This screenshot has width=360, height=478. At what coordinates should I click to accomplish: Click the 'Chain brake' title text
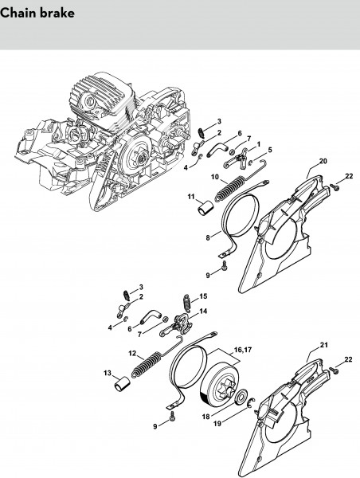pyautogui.click(x=37, y=13)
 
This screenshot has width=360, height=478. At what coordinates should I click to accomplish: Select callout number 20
pyautogui.click(x=323, y=161)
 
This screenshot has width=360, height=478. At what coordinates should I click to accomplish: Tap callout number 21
pyautogui.click(x=323, y=345)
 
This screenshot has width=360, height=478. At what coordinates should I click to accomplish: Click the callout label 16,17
pyautogui.click(x=243, y=350)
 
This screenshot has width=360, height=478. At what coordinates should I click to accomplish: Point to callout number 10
pyautogui.click(x=215, y=177)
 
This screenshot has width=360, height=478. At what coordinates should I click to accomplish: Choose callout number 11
pyautogui.click(x=191, y=197)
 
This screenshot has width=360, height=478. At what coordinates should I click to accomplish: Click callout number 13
pyautogui.click(x=108, y=373)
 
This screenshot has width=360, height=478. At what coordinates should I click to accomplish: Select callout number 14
pyautogui.click(x=203, y=311)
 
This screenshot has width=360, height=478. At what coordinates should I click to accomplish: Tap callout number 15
pyautogui.click(x=203, y=296)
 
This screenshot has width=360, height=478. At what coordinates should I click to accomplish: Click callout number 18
pyautogui.click(x=206, y=417)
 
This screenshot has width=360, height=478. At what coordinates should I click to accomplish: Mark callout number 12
pyautogui.click(x=132, y=353)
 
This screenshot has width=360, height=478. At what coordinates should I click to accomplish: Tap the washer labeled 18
pyautogui.click(x=243, y=396)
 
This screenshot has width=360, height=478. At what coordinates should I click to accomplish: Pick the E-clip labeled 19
pyautogui.click(x=252, y=402)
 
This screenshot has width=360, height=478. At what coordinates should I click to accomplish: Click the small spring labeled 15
pyautogui.click(x=186, y=304)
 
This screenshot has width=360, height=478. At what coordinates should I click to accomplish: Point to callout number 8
pyautogui.click(x=208, y=237)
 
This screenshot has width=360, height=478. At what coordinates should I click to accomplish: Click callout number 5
pyautogui.click(x=270, y=150)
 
